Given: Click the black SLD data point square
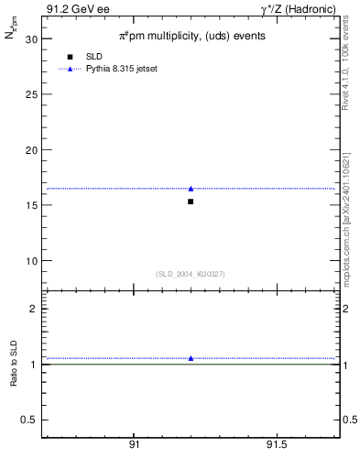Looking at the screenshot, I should pyautogui.click(x=191, y=202).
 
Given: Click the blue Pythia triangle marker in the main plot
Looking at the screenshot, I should pyautogui.click(x=191, y=189).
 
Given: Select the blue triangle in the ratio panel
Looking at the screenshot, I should pyautogui.click(x=191, y=358).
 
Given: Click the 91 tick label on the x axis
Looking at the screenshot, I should pyautogui.click(x=134, y=444).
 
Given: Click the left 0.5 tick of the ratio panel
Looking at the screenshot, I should pyautogui.click(x=28, y=420).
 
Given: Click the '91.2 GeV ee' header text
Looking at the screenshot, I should pyautogui.click(x=78, y=9).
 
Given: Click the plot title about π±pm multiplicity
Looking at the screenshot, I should pyautogui.click(x=191, y=37).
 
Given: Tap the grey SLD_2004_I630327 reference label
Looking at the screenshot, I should pyautogui.click(x=191, y=274).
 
